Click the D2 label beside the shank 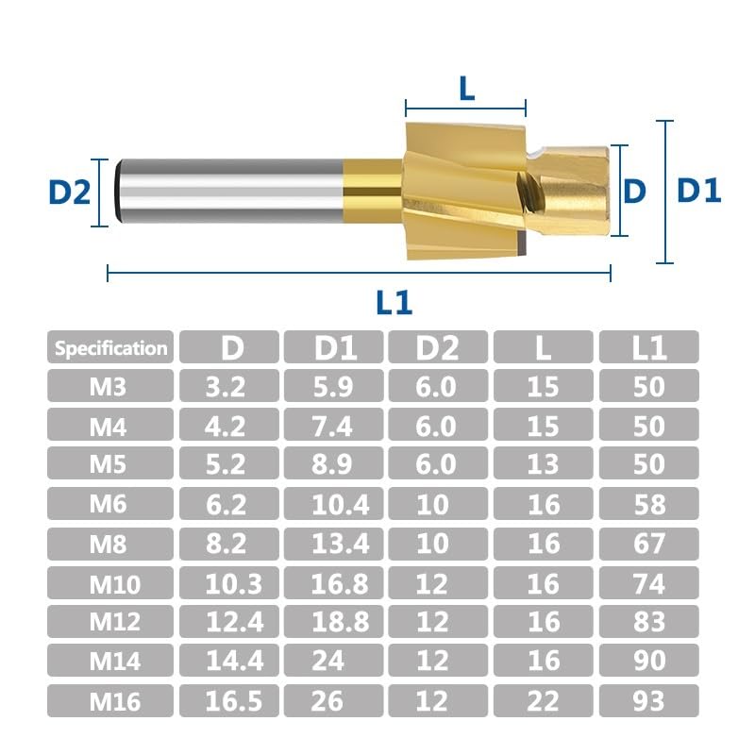(70, 192)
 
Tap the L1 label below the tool (394, 302)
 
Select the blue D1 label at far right (698, 191)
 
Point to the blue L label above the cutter (467, 89)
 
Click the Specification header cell (110, 347)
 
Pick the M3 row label (108, 386)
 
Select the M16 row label (114, 701)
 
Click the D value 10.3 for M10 (233, 584)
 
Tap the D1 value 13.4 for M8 (340, 545)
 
